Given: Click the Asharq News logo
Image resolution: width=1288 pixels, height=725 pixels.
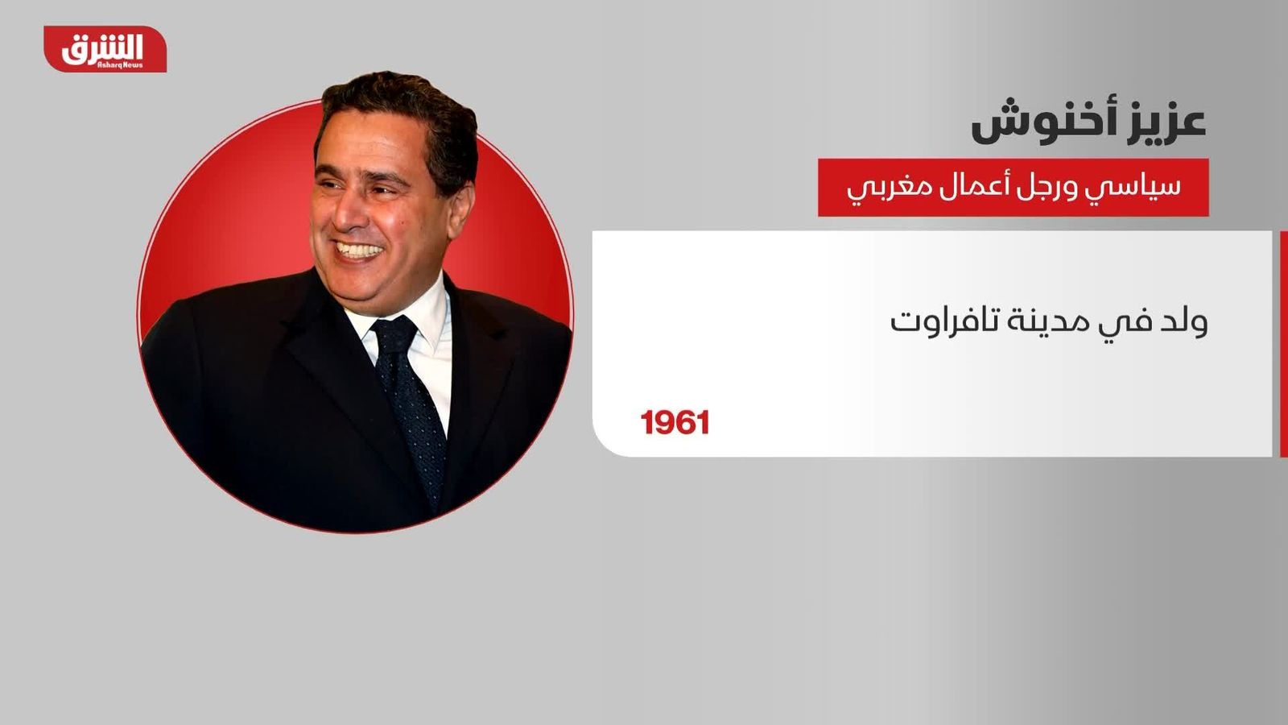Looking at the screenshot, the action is click(x=105, y=49).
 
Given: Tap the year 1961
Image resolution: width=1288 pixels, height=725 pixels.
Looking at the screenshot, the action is click(x=675, y=423).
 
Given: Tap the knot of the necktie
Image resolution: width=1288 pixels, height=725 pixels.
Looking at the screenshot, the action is click(x=395, y=333).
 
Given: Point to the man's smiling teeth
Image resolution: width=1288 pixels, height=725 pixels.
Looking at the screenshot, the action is click(x=359, y=251).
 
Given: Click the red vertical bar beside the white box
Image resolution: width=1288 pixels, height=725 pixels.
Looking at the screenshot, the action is click(x=1284, y=344).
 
